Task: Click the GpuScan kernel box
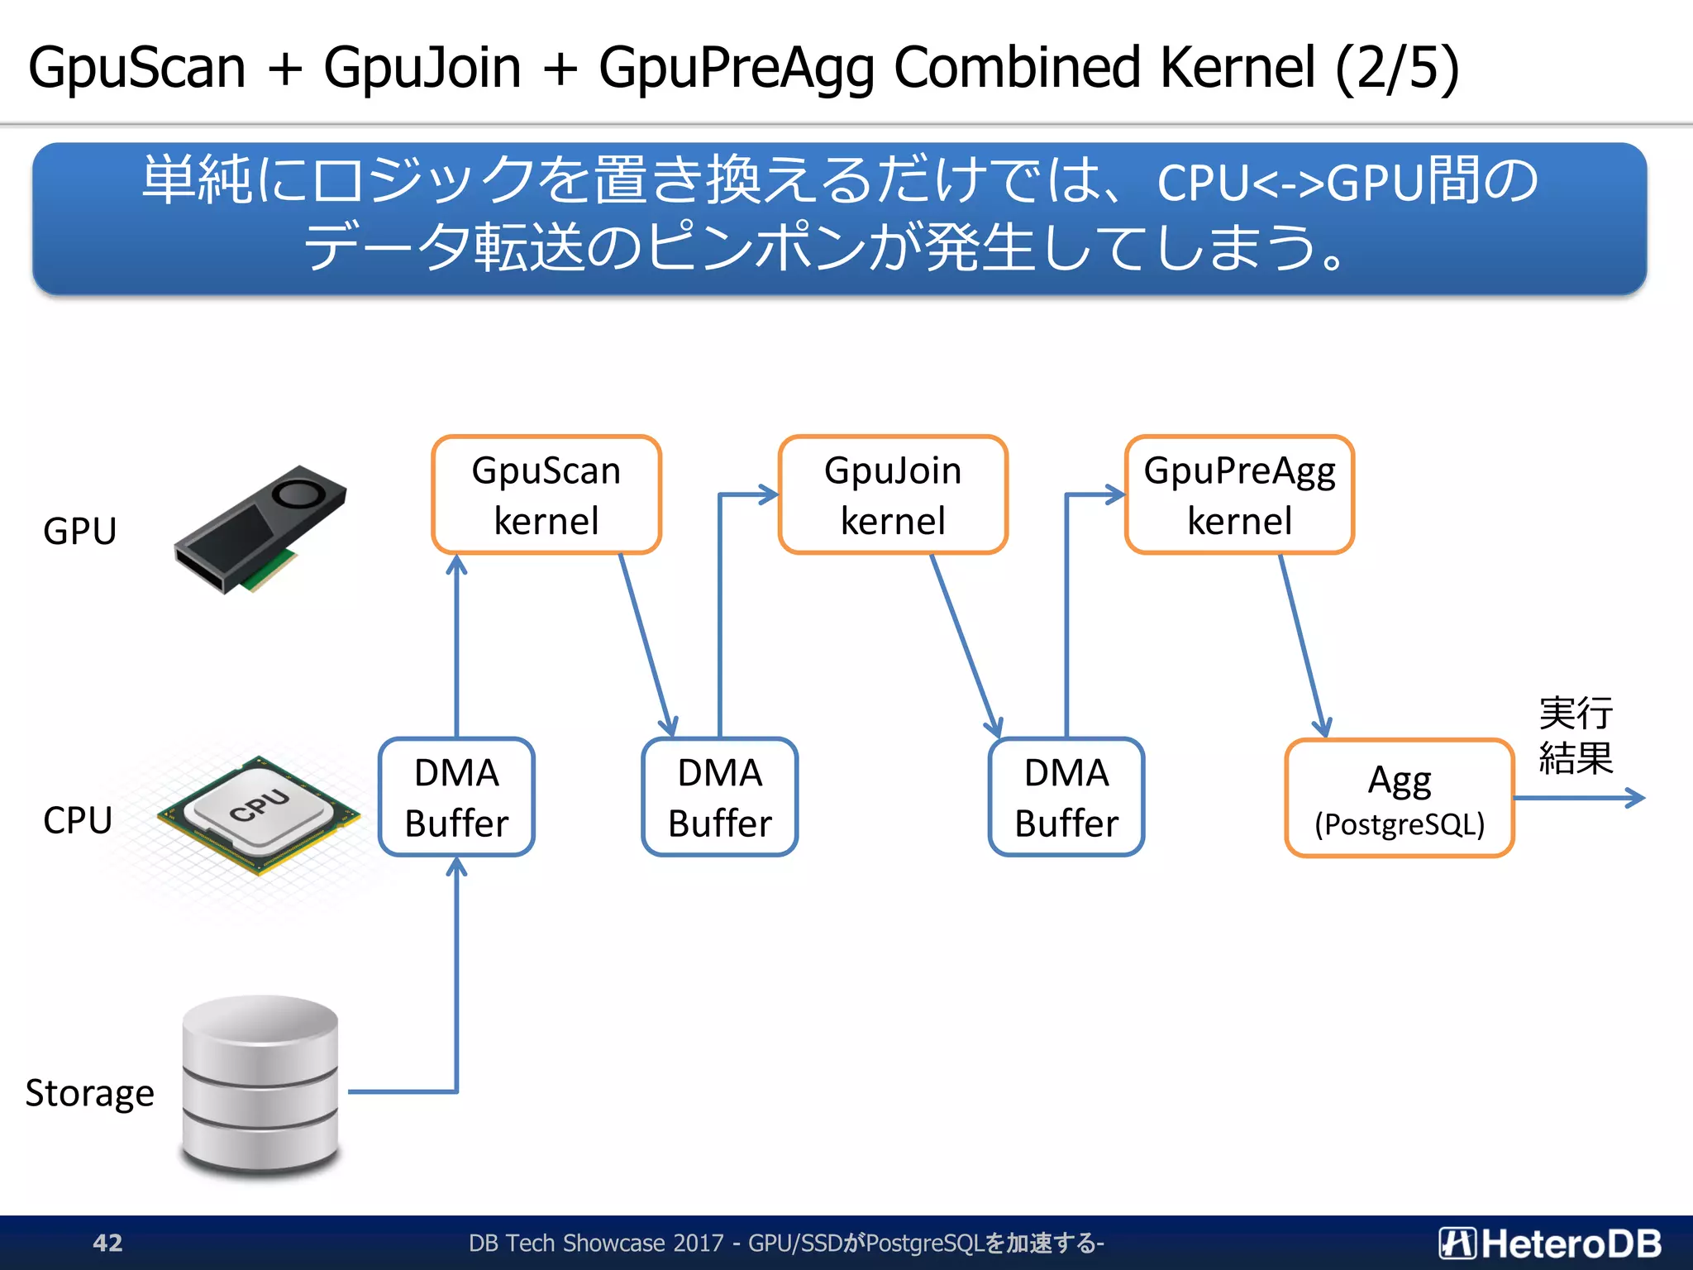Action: pyautogui.click(x=546, y=494)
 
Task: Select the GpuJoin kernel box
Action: pyautogui.click(x=893, y=494)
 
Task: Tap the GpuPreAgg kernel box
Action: pyautogui.click(x=1239, y=494)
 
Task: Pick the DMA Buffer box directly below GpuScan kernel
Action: pyautogui.click(x=456, y=797)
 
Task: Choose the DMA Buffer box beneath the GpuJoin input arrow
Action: pyautogui.click(x=720, y=797)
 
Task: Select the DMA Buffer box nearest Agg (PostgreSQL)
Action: pyautogui.click(x=1066, y=797)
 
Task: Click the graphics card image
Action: pyautogui.click(x=260, y=529)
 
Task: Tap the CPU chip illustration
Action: pyautogui.click(x=259, y=814)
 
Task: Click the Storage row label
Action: pyautogui.click(x=89, y=1093)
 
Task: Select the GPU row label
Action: pyautogui.click(x=79, y=531)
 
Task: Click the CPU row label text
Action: pyautogui.click(x=78, y=820)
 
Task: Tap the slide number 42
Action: pyautogui.click(x=107, y=1243)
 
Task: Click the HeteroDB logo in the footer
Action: pyautogui.click(x=1550, y=1243)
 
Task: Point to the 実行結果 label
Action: pyautogui.click(x=1575, y=735)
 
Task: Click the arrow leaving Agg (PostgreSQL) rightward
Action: pyautogui.click(x=1579, y=798)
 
